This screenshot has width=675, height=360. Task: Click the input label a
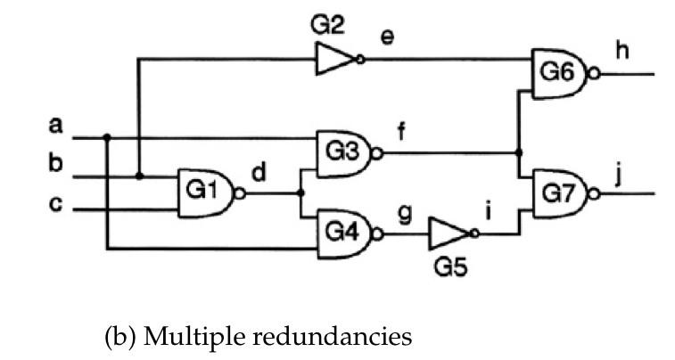[x=55, y=127]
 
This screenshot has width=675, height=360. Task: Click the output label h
[x=621, y=52]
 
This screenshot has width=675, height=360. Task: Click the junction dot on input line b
[x=139, y=176]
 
